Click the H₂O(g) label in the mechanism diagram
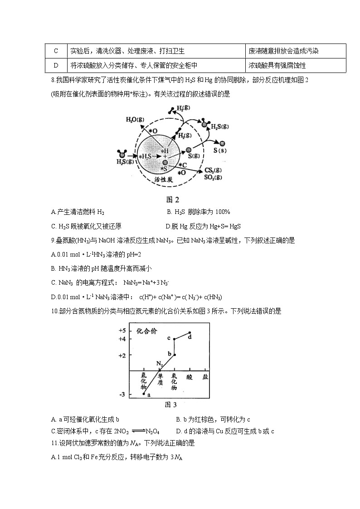point(136,119)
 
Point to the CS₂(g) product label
point(213,170)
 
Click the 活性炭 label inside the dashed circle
point(167,179)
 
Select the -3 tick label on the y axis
point(122,395)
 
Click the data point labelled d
point(190,333)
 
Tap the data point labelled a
point(144,394)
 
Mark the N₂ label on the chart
point(159,364)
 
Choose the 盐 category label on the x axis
point(205,377)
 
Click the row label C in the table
point(56,51)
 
